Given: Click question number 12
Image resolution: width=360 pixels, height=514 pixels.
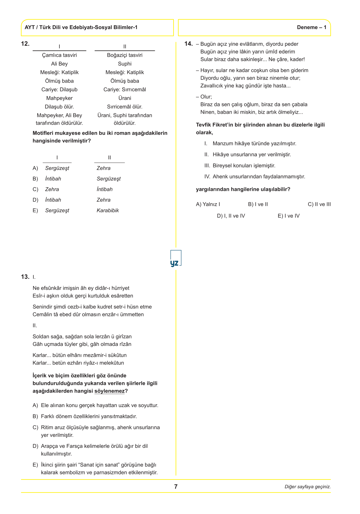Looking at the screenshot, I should (x=25, y=44).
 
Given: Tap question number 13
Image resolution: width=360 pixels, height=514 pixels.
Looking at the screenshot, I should (x=25, y=277).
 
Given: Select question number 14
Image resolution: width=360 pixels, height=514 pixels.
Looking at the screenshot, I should (x=188, y=44).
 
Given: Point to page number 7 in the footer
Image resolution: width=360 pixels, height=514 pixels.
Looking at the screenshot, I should (x=176, y=487).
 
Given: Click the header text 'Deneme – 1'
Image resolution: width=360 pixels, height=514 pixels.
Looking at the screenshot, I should (x=312, y=27).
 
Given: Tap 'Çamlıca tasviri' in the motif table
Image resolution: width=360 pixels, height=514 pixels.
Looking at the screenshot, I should (x=59, y=55).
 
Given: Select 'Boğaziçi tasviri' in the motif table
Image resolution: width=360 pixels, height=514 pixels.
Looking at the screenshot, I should (x=125, y=55).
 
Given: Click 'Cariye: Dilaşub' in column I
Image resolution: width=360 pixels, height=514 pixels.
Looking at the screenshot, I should (x=59, y=90).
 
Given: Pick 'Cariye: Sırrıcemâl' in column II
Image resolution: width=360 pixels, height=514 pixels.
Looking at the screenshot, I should (x=125, y=90).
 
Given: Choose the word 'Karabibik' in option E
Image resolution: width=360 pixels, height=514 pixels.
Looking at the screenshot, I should (x=108, y=211).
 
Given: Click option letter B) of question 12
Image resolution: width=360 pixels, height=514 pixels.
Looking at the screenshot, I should (x=35, y=179).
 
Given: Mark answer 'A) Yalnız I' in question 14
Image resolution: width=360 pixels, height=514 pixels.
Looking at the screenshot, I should (x=208, y=204).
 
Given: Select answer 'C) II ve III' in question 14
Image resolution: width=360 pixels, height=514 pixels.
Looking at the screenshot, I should (x=319, y=204).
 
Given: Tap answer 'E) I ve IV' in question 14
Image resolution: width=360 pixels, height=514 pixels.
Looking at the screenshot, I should (x=288, y=216).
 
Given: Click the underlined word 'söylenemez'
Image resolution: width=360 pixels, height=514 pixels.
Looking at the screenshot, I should (x=109, y=391).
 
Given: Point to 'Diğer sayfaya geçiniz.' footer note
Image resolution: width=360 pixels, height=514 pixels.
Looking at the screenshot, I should (x=308, y=487).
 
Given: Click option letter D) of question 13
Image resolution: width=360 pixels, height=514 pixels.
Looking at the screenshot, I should (x=35, y=446).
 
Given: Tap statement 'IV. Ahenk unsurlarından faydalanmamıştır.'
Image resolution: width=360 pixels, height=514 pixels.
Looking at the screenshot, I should (x=255, y=177).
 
